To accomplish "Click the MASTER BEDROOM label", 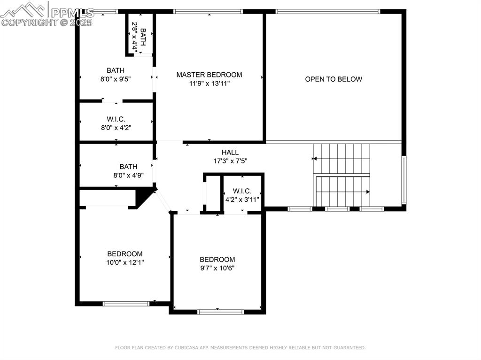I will (209, 75).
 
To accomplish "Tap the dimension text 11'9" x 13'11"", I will (209, 84).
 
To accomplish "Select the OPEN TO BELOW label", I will (334, 79).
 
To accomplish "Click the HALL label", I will (230, 152).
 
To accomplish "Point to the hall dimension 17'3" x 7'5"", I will (230, 161).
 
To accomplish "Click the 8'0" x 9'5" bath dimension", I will (116, 79).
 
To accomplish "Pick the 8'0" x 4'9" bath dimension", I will (128, 175).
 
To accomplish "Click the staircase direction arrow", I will (368, 191).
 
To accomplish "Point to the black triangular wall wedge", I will (144, 196).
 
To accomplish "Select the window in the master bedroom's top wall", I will (208, 11).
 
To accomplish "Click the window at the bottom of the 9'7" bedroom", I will (221, 311).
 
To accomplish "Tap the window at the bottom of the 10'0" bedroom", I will (126, 304).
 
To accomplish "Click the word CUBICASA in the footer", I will (193, 348).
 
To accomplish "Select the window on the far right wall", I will (403, 180).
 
